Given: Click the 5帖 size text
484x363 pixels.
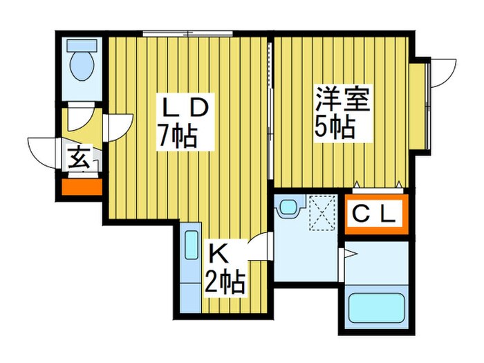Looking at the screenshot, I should (336, 127).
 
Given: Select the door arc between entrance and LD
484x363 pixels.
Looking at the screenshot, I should (118, 124).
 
